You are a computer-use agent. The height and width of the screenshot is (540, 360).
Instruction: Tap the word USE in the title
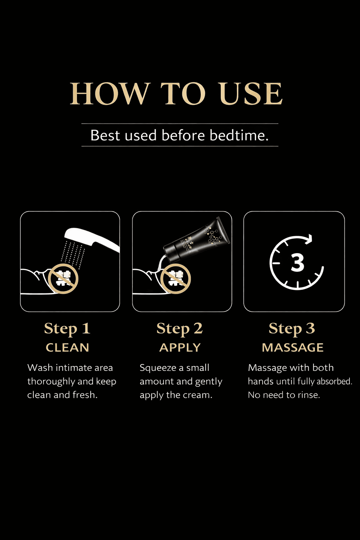click(x=251, y=94)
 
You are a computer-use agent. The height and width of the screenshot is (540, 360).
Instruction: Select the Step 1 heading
click(x=67, y=329)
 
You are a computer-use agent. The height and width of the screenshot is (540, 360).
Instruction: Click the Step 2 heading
click(x=180, y=329)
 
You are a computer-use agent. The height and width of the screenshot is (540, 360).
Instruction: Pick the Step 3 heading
click(x=292, y=329)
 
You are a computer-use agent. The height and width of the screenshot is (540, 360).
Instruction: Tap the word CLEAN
click(x=67, y=348)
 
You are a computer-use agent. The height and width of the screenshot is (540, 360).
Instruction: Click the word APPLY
click(x=180, y=348)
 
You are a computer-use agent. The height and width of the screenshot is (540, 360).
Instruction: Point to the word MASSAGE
click(x=292, y=348)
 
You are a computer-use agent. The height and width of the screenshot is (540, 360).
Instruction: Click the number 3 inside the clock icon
click(x=297, y=263)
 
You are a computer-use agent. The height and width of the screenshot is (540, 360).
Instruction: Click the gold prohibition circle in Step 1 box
click(x=63, y=278)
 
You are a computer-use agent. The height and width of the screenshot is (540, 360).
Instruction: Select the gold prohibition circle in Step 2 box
click(x=175, y=278)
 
